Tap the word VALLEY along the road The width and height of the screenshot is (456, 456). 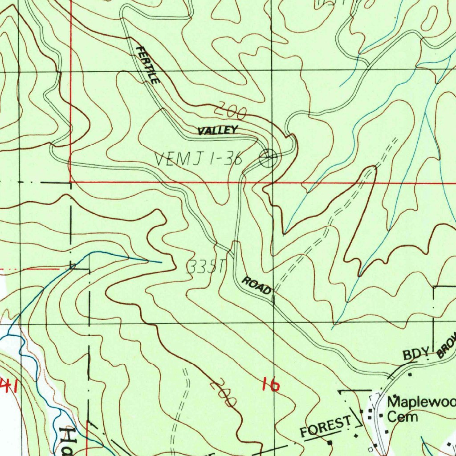pyautogui.click(x=218, y=130)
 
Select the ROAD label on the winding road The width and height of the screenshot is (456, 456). pyautogui.click(x=256, y=286)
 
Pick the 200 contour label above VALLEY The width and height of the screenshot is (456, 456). pyautogui.click(x=232, y=111)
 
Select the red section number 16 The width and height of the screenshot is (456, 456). pyautogui.click(x=271, y=384)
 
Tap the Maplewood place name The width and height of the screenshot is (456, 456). pyautogui.click(x=421, y=403)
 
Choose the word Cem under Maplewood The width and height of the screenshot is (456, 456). pyautogui.click(x=403, y=417)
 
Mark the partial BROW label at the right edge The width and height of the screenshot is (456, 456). pyautogui.click(x=447, y=345)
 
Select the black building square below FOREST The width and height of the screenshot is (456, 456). pyautogui.click(x=330, y=443)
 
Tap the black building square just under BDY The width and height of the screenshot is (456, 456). pyautogui.click(x=410, y=375)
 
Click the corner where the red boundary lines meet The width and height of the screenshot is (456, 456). pyautogui.click(x=71, y=182)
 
